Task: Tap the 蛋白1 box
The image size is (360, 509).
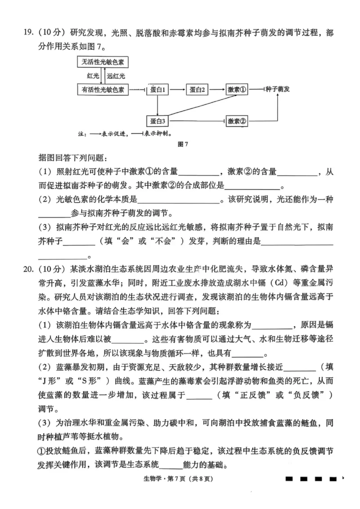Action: coord(158,89)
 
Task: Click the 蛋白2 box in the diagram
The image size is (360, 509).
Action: coord(197,89)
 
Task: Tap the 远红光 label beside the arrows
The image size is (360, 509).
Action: coord(116,76)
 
